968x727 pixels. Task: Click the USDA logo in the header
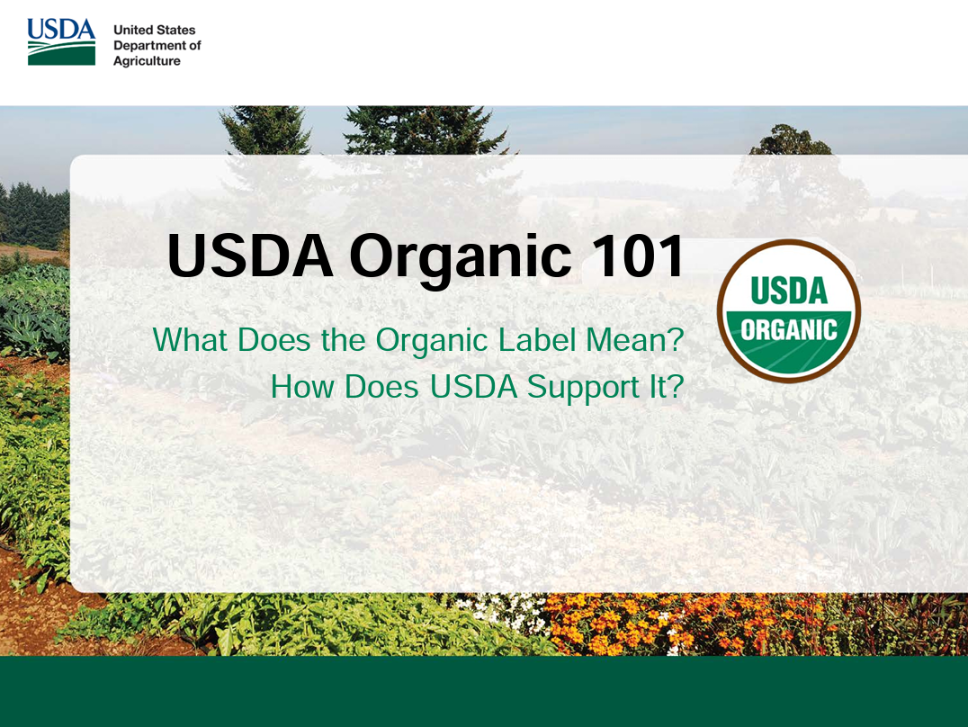point(60,41)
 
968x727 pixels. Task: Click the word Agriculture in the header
point(147,61)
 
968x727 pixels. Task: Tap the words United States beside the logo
point(154,30)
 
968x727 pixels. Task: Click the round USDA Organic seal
point(789,311)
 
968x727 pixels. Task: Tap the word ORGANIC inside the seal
point(789,329)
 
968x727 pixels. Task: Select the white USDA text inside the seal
point(789,290)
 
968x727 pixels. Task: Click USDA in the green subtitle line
point(473,387)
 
